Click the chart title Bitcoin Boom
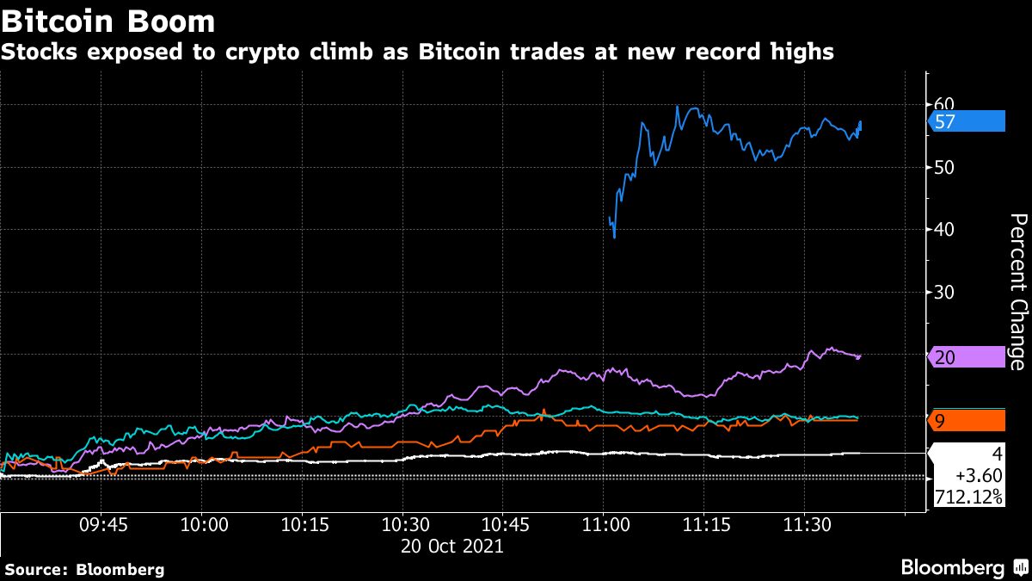click(x=107, y=19)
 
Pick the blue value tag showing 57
click(x=967, y=121)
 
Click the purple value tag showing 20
click(x=967, y=358)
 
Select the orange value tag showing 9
click(x=967, y=421)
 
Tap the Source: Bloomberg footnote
click(x=84, y=569)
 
